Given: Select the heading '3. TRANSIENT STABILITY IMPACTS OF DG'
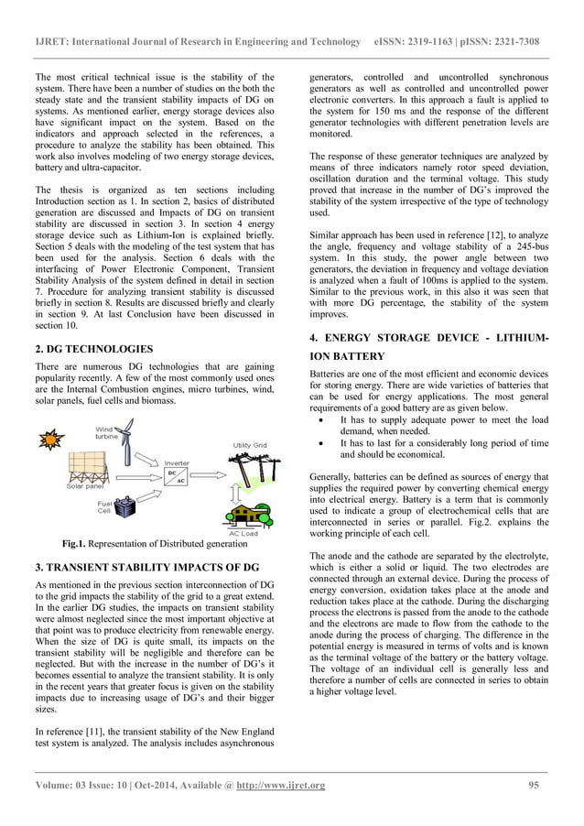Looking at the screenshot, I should pos(146,568).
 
